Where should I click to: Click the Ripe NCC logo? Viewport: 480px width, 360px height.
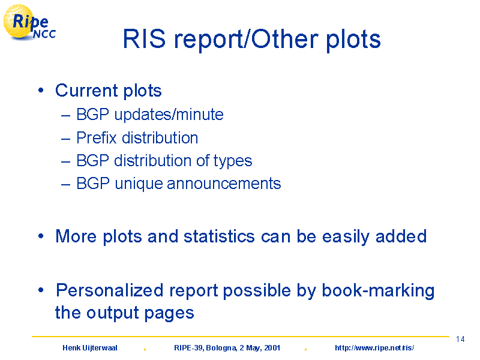(29, 23)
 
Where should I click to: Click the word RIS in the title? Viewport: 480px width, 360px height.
(144, 39)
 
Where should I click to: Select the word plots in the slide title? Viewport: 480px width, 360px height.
(353, 40)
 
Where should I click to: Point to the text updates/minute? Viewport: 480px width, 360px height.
(169, 115)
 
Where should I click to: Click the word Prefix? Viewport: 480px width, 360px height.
(97, 137)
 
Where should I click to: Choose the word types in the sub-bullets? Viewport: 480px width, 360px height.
(233, 161)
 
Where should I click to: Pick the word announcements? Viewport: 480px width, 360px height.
(224, 184)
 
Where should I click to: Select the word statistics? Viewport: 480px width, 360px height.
(219, 236)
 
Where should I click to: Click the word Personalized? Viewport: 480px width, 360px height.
(110, 290)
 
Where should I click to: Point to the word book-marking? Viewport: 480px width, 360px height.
(378, 291)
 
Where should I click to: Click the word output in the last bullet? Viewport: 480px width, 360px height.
(113, 313)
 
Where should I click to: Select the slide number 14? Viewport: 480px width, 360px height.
(460, 339)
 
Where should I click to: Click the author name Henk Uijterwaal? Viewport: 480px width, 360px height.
(89, 348)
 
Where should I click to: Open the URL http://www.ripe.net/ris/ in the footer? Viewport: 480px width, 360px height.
(374, 348)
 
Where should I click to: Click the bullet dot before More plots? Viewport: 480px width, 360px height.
(41, 236)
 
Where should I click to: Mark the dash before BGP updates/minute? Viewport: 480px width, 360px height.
(66, 116)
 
